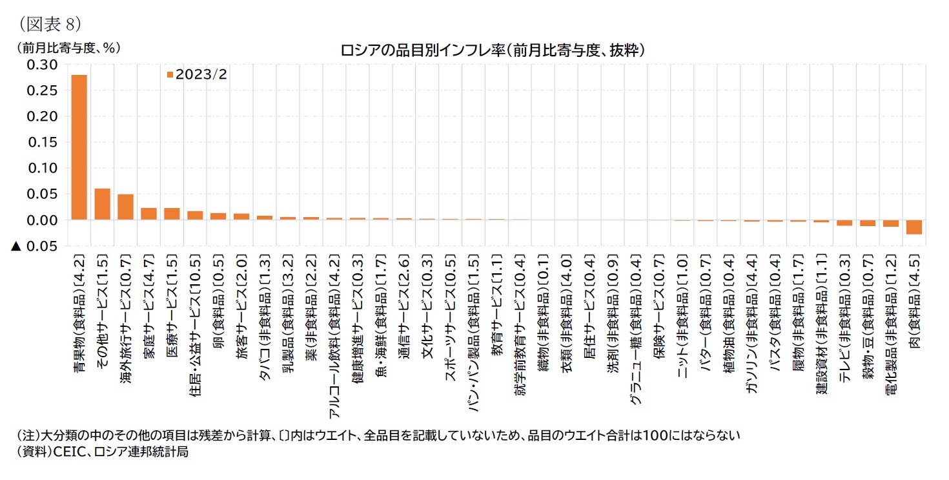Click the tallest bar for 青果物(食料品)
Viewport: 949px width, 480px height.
pyautogui.click(x=79, y=147)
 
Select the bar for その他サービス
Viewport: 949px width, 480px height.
pyautogui.click(x=103, y=204)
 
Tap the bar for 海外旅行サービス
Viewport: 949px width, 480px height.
pyautogui.click(x=126, y=207)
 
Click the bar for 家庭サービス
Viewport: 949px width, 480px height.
pyautogui.click(x=149, y=214)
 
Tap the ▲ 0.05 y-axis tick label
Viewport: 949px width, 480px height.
pyautogui.click(x=36, y=246)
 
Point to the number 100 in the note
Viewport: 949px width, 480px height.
pyautogui.click(x=646, y=436)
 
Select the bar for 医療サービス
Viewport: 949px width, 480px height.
pyautogui.click(x=172, y=214)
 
